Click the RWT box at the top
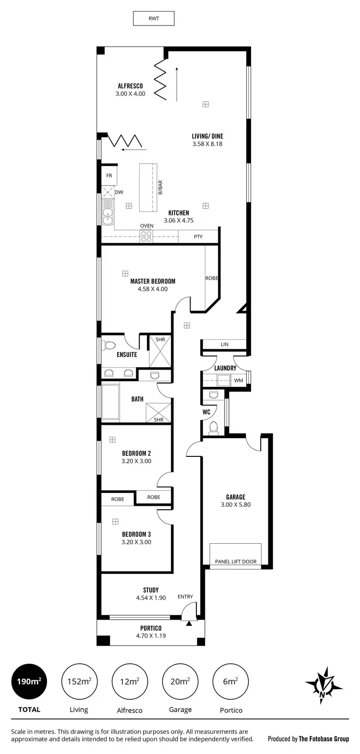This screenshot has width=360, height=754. tap(153, 19)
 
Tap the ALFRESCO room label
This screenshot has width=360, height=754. tap(130, 86)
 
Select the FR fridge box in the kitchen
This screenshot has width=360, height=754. tap(109, 176)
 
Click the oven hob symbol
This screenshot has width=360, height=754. tap(146, 236)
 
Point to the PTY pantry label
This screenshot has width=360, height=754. tap(198, 237)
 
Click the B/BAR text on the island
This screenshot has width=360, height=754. tap(160, 187)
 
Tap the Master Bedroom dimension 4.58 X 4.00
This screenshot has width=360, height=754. tap(153, 289)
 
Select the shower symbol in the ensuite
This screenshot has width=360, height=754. tap(159, 352)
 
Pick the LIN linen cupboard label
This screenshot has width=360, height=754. tap(224, 345)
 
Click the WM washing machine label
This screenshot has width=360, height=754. tap(239, 381)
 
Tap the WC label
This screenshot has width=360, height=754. tap(206, 412)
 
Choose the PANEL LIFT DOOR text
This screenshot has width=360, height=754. tap(236, 562)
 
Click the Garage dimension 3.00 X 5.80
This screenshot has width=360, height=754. tap(236, 504)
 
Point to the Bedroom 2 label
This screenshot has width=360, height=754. tap(136, 453)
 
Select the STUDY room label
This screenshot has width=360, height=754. tap(151, 590)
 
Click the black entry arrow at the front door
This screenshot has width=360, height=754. tap(189, 623)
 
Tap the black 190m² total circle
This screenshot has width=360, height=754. tap(29, 682)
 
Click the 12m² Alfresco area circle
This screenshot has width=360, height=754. tap(130, 682)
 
